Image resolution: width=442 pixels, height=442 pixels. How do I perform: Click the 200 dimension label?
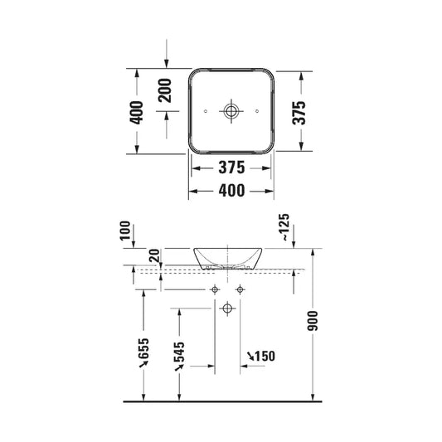(165, 90)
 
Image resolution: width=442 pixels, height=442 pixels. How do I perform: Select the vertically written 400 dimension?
(137, 113)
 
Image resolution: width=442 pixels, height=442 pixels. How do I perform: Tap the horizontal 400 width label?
(231, 191)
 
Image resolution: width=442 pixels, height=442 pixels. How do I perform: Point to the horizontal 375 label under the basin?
(231, 168)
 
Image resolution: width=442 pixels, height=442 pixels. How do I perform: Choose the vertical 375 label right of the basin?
(299, 113)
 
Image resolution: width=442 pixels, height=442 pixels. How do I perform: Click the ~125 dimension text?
(285, 227)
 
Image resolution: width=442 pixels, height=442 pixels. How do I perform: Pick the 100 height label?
(125, 231)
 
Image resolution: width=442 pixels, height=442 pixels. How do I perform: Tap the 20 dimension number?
(155, 255)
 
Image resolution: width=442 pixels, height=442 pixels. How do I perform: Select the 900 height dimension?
(313, 321)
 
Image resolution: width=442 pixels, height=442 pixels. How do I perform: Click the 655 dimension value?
(143, 348)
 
